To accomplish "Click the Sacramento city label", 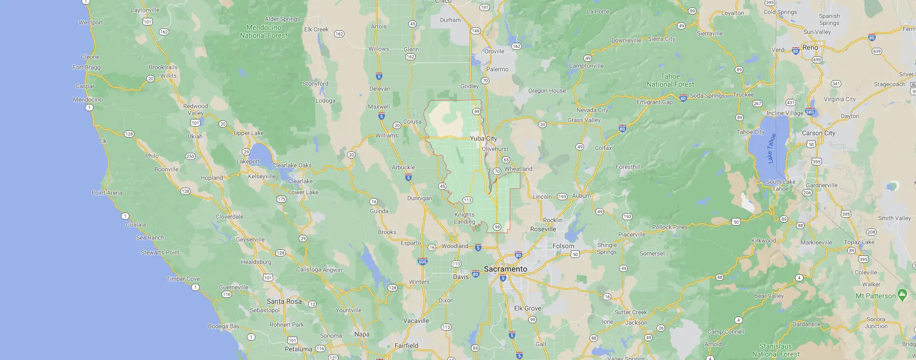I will pos(505,269).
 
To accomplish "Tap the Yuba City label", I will pos(483,138).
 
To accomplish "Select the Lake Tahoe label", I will pos(771,148).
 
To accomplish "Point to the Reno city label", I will pos(810,47).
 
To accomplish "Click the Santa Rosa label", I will pos(284,301).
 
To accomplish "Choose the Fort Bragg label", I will pos(87,67).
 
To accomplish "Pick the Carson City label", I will pos(818,133).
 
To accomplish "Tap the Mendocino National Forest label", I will pos(264,31).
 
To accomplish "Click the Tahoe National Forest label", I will pos(670,80).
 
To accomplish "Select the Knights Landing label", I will pos(464,218).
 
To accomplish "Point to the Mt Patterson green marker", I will pos(902,294).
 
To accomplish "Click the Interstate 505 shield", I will pos(423,261).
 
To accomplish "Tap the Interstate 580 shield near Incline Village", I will pos(810,112).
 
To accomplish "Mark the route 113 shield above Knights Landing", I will pos(467,200).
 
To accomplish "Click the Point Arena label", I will pos(107,193).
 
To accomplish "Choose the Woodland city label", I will pos(455,246).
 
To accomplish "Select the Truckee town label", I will pos(743,95).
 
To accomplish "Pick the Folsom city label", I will pos(563,246).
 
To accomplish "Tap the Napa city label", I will pos(362,334).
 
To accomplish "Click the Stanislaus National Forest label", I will pos(776,350).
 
